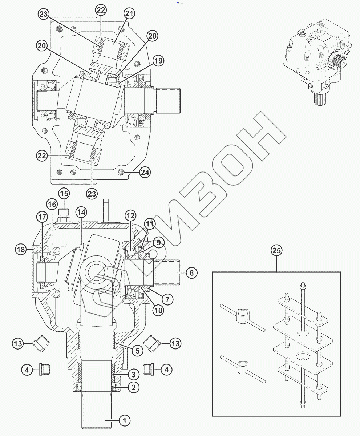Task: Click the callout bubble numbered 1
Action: coord(125,421)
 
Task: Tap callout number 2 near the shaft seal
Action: coord(134,387)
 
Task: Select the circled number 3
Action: coord(134,374)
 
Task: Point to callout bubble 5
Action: coord(137,351)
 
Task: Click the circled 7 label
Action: coord(167,299)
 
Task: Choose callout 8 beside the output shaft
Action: coord(191,272)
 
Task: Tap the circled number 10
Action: coord(158,311)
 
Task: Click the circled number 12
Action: coord(131,215)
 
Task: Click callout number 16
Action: coord(52,203)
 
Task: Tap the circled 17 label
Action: coord(42,217)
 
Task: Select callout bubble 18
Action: coord(21,249)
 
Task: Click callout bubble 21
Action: coord(129,14)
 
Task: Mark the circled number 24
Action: coord(145,173)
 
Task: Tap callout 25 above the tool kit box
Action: coord(276,251)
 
